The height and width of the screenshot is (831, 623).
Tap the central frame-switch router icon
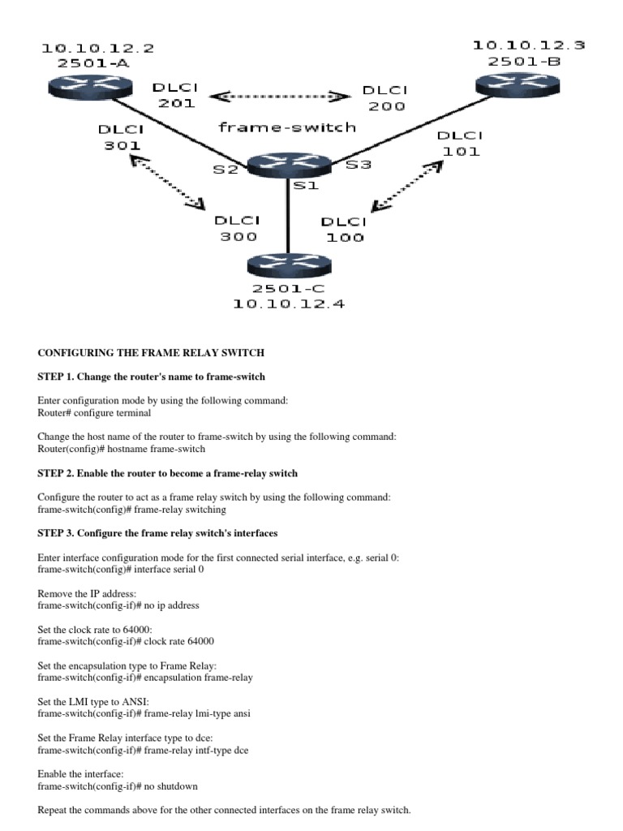288,165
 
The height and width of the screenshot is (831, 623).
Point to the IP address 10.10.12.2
97,48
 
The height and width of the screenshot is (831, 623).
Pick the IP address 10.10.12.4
289,304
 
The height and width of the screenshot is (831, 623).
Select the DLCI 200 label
385,98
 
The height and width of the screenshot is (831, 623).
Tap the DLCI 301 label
121,137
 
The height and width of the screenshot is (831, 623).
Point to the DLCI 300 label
235,228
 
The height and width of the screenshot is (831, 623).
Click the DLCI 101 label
460,143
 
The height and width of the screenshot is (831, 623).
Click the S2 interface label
226,170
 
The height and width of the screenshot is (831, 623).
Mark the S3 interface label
359,166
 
